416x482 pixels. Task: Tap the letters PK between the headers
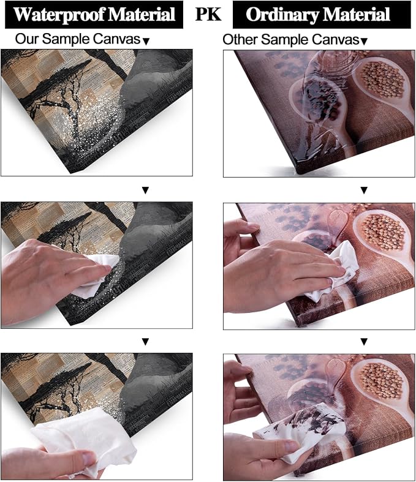(208, 14)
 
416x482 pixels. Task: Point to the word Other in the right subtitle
(239, 40)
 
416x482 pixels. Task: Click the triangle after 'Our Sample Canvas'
(146, 41)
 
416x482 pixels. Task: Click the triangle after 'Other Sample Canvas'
(364, 41)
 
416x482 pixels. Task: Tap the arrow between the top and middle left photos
(145, 190)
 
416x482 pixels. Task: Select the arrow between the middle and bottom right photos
(364, 341)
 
